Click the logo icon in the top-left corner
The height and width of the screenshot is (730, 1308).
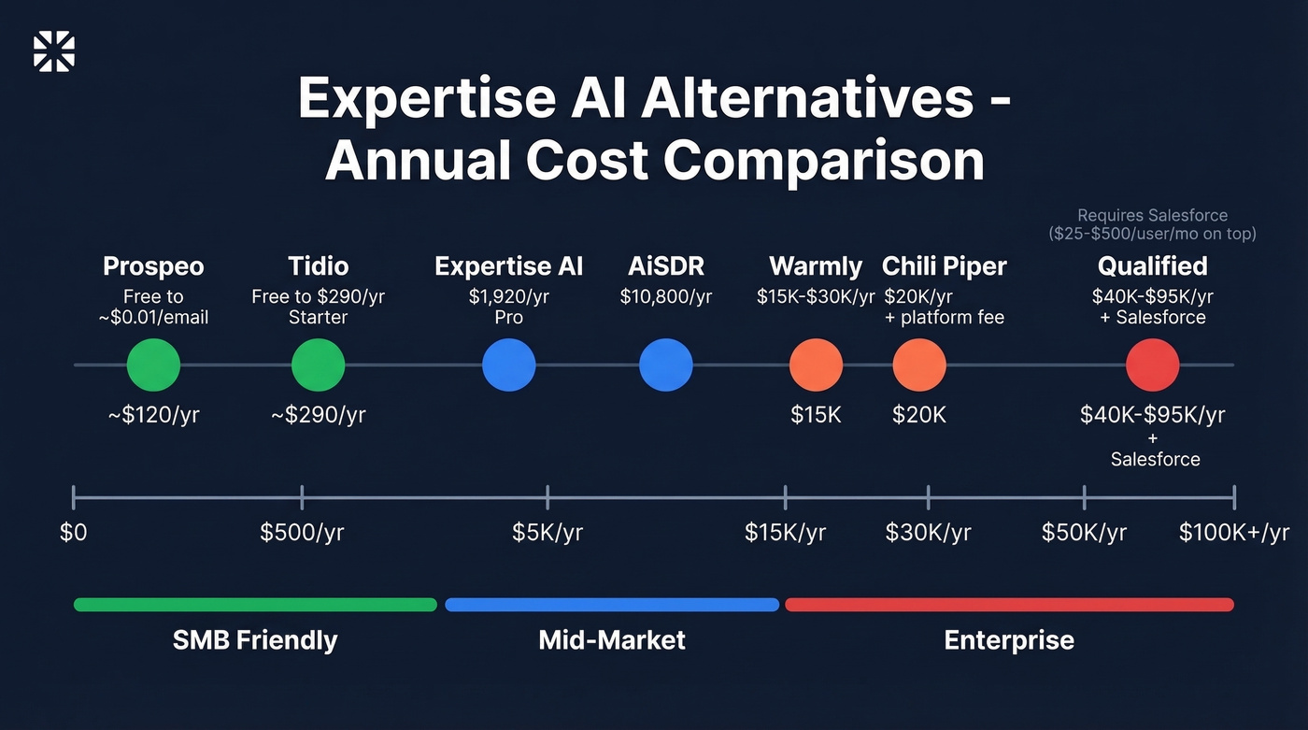click(53, 51)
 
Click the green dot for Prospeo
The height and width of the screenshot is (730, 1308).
click(153, 365)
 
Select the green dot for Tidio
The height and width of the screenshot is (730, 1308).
click(318, 365)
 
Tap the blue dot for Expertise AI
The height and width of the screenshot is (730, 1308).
click(508, 365)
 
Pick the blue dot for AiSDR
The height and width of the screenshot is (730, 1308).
click(665, 365)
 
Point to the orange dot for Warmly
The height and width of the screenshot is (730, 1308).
click(816, 365)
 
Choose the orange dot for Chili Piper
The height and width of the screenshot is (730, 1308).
click(919, 365)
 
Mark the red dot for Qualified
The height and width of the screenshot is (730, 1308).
click(1152, 365)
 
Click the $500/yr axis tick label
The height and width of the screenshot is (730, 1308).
click(302, 533)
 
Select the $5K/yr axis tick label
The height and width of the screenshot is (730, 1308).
click(547, 533)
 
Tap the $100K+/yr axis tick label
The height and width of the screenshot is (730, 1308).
click(1233, 533)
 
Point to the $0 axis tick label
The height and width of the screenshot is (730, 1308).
click(74, 533)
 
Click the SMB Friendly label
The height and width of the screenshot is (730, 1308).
click(255, 640)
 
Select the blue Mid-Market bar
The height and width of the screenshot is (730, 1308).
click(612, 605)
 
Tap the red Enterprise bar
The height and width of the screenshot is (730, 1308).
click(1009, 605)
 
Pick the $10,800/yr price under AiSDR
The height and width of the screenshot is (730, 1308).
click(665, 296)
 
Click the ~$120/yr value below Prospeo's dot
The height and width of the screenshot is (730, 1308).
click(153, 415)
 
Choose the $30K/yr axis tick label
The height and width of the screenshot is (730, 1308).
click(928, 533)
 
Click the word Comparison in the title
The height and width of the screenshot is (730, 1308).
click(824, 161)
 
